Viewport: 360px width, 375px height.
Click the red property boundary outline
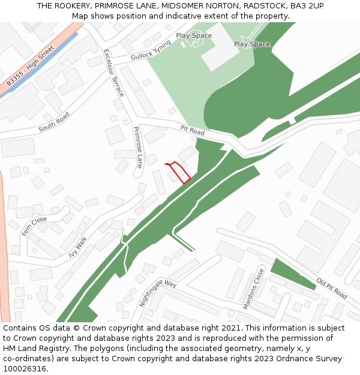[178, 172]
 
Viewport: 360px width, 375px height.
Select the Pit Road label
[193, 130]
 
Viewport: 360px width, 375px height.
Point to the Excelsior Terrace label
[113, 73]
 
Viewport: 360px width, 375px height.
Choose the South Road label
[54, 122]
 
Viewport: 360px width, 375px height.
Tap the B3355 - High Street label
[31, 65]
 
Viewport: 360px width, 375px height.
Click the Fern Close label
[34, 226]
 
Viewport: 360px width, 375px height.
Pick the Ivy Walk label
[78, 247]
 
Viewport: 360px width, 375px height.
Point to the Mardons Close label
[254, 289]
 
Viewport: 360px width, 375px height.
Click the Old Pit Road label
[332, 289]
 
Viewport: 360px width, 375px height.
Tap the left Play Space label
[194, 35]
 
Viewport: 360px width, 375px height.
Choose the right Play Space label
[252, 44]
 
